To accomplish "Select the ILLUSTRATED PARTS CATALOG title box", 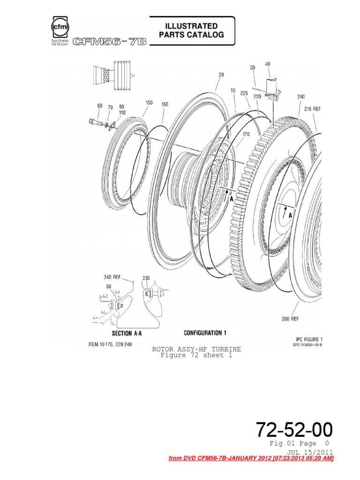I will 191,30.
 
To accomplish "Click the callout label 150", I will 149,102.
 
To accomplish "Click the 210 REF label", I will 313,109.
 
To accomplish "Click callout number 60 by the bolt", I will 100,106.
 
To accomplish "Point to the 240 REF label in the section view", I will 112,277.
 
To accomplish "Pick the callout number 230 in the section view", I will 146,278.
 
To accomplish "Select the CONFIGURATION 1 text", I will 205,333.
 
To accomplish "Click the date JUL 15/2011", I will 313,452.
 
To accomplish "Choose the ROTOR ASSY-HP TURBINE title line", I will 196,349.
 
